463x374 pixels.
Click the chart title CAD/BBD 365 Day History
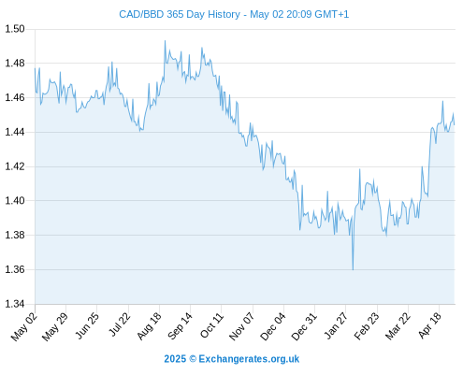(x=180, y=14)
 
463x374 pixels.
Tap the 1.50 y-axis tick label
(x=15, y=29)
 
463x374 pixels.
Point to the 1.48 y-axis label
(x=15, y=64)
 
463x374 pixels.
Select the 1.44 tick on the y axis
(x=15, y=132)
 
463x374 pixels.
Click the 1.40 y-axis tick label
(x=15, y=200)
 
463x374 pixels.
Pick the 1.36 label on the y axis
(x=15, y=269)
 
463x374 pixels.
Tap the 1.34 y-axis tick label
(x=15, y=304)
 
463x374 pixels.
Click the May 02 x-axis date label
(x=24, y=326)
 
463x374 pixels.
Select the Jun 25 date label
(x=87, y=325)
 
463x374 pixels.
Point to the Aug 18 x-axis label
(x=149, y=326)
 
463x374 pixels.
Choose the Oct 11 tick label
(x=211, y=325)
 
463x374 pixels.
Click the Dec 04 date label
(x=272, y=326)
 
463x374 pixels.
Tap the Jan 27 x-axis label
(x=336, y=325)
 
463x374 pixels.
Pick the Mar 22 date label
(x=398, y=326)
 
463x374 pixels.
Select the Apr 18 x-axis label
(x=430, y=325)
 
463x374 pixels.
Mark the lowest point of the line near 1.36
(x=353, y=269)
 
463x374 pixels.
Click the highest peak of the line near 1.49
(x=165, y=40)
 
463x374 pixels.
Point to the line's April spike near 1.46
(x=442, y=101)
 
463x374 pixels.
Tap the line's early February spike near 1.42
(x=360, y=169)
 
